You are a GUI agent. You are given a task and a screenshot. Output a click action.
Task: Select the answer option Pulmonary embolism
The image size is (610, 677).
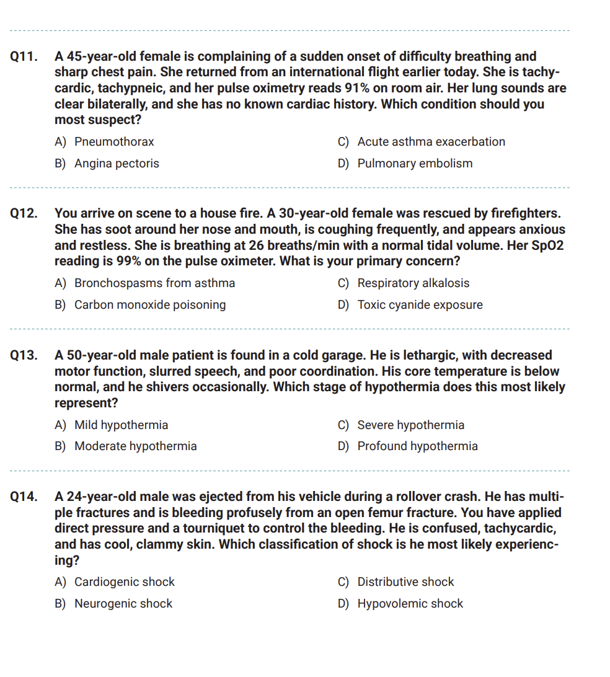click(415, 164)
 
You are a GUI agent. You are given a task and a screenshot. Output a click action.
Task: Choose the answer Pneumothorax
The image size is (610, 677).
click(114, 142)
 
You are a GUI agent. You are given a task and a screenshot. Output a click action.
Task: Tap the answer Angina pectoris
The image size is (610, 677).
click(117, 164)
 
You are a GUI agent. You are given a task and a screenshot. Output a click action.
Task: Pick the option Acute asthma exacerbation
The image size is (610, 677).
click(431, 142)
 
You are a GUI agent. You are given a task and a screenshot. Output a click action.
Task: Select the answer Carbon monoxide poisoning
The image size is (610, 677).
click(150, 305)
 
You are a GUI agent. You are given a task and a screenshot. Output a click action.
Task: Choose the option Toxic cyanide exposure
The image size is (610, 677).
click(420, 305)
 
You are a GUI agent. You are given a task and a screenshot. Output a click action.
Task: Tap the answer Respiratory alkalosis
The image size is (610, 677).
click(413, 283)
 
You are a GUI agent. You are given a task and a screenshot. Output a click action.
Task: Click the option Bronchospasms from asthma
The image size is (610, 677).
click(154, 283)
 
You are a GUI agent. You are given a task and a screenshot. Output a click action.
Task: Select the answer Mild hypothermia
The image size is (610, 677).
click(121, 425)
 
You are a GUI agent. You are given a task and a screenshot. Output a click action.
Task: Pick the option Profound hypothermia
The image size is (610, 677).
click(417, 446)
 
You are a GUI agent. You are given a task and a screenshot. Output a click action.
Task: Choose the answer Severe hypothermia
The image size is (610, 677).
click(410, 425)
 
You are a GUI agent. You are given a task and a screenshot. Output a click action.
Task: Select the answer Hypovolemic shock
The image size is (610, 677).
click(410, 604)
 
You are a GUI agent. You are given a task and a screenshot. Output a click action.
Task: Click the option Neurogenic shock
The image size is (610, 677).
click(123, 604)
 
